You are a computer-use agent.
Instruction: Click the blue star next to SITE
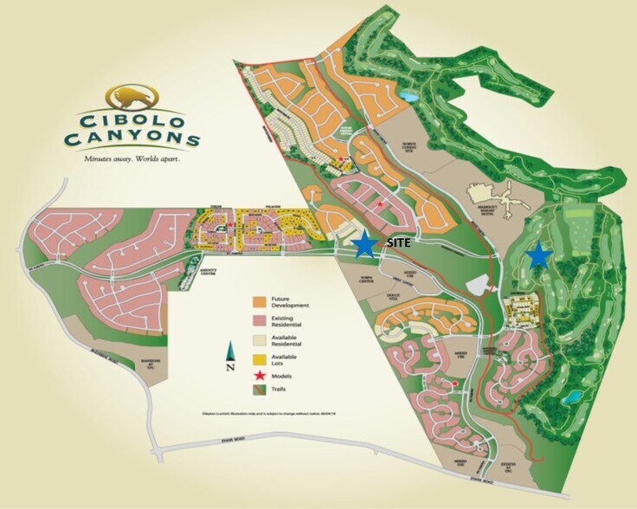[365, 244]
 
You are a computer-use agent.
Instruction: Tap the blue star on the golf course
[539, 254]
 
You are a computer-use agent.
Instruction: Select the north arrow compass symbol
[231, 354]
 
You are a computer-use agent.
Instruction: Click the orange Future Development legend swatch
[260, 301]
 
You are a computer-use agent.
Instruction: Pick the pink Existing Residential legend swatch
[260, 320]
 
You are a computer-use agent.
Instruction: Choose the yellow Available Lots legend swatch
[260, 358]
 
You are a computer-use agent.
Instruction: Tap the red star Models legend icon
[260, 377]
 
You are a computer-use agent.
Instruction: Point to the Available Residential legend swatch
[260, 339]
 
